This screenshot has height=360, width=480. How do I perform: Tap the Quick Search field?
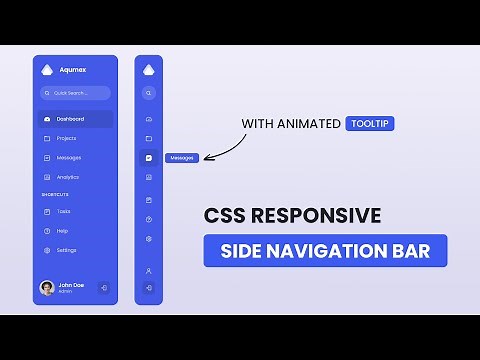tap(75, 93)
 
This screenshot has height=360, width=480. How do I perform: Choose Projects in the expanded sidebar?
tap(66, 138)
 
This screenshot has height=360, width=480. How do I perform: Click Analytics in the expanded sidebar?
tap(68, 176)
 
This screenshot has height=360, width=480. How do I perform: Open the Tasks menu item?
tap(63, 211)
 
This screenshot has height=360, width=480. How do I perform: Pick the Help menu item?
tap(62, 230)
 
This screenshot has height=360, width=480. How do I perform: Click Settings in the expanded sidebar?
tap(66, 249)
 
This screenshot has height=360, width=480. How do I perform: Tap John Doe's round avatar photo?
tap(47, 287)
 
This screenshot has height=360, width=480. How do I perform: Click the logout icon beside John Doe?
tap(104, 287)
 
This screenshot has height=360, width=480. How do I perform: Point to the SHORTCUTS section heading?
tap(55, 194)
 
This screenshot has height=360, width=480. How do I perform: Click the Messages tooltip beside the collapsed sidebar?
tap(182, 157)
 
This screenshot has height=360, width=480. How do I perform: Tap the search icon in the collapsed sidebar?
tap(148, 93)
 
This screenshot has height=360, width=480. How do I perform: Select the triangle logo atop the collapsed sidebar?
tap(148, 69)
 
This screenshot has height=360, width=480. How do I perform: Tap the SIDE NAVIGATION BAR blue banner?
tap(325, 250)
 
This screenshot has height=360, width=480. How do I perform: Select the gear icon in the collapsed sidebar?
tap(148, 239)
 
